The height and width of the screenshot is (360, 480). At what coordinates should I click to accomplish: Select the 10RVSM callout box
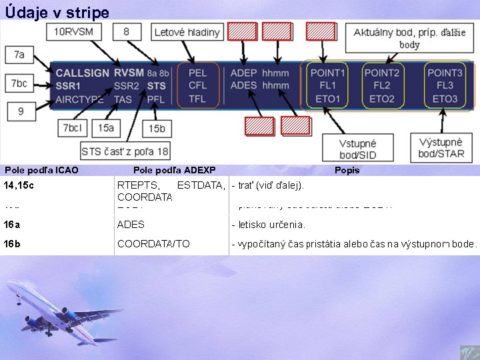point(73,31)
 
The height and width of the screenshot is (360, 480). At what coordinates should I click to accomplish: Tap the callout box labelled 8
point(127,31)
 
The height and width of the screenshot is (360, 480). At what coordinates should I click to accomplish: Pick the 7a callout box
point(19,55)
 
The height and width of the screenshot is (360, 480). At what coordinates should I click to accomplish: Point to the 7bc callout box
point(20,83)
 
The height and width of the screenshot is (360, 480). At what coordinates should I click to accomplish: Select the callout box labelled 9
point(20,111)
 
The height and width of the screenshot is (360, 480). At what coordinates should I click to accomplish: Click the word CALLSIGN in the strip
point(83,73)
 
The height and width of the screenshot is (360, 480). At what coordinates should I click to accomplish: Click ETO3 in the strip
point(445,99)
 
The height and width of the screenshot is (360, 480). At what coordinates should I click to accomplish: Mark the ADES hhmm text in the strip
point(259,85)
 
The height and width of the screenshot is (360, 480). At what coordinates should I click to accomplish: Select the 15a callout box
point(105,127)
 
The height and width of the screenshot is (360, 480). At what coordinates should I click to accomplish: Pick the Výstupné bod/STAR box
point(441,148)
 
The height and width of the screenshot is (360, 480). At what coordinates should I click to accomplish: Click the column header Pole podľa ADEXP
point(174,170)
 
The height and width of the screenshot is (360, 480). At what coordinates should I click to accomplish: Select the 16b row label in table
point(12,244)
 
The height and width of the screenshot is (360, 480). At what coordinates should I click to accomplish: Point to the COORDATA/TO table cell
point(153,244)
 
